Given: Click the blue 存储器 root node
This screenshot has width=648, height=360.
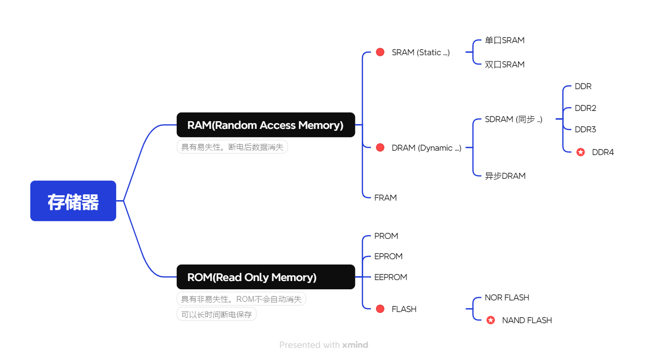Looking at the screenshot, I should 73,201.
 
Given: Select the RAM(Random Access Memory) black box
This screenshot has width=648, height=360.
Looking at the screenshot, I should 265,125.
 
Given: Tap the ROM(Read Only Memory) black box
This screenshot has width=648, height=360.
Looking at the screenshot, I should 265,277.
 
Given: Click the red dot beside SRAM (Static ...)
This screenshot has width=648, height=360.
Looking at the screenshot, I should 380,52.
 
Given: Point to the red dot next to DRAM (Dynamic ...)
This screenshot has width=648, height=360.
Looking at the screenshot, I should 380,148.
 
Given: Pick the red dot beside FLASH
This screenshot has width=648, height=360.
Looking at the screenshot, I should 380,309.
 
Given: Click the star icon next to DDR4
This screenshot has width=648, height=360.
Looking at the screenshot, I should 581,152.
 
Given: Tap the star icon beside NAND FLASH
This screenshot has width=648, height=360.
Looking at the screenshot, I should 491,320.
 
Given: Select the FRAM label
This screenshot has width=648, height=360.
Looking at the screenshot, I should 386,198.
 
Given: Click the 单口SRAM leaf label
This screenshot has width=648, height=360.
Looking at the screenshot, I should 505,41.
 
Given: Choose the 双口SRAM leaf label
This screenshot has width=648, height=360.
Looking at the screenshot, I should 505,64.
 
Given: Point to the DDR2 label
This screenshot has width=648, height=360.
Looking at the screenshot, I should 586,108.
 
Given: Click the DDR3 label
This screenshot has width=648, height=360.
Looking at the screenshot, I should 586,129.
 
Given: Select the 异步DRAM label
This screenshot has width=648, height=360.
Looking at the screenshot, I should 505,176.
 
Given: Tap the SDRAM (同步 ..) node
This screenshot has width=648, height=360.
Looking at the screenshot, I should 513,119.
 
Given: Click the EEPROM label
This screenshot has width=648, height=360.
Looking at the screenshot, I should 391,277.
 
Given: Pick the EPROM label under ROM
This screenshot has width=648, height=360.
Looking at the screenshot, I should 388,256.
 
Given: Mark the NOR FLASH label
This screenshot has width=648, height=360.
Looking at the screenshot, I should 507,297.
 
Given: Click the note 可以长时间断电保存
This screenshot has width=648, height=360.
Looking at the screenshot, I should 216,314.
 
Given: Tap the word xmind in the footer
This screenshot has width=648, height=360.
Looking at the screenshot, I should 355,345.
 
